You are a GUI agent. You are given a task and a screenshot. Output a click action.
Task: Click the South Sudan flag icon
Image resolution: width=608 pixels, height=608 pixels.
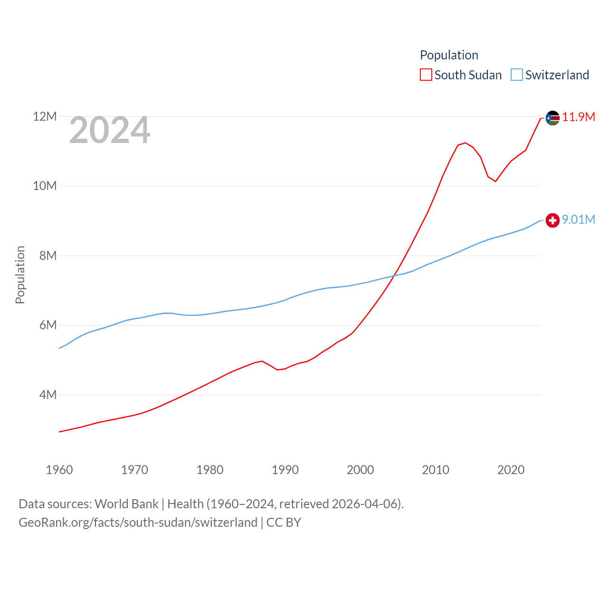point(552,118)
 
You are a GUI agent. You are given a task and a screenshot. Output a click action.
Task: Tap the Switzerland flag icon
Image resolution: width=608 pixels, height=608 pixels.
point(552,220)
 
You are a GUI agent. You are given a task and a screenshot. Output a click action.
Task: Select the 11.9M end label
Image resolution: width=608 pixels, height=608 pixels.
point(579,117)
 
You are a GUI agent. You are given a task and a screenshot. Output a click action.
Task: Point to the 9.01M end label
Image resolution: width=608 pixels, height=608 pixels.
point(579,219)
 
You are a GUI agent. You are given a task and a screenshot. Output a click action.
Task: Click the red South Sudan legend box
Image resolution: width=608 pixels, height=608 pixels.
point(426,75)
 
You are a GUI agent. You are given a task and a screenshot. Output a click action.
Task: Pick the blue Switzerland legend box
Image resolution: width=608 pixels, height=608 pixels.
point(517,75)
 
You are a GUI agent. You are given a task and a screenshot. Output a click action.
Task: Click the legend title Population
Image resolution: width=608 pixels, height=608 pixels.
point(449,55)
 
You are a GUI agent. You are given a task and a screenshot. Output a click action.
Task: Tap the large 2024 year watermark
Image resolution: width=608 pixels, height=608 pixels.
point(110,130)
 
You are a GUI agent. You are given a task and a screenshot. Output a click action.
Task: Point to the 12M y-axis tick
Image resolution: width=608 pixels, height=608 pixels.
point(45,116)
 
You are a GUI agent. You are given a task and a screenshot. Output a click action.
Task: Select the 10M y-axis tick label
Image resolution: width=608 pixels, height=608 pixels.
point(45,186)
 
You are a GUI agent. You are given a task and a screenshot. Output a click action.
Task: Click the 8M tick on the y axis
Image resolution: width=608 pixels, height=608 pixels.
point(48,256)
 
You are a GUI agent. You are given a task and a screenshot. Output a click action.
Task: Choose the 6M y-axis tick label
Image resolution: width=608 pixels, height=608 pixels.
point(48,325)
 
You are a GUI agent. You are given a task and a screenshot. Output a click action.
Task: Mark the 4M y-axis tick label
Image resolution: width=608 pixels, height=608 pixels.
point(48,395)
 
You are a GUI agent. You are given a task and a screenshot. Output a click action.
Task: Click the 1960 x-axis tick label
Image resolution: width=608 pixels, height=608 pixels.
point(59,470)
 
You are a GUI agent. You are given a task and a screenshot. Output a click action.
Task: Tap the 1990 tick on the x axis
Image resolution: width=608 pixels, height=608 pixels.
point(285,470)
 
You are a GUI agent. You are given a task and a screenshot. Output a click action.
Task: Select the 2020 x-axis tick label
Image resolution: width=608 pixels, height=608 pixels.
point(511,470)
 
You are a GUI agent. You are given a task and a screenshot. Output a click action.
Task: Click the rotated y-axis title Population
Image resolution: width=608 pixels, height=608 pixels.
point(20,275)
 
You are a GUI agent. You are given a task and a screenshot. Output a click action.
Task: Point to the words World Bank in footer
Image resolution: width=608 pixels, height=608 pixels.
point(126,504)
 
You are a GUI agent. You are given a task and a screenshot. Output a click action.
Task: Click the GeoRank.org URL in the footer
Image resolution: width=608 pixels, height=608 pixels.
point(138,522)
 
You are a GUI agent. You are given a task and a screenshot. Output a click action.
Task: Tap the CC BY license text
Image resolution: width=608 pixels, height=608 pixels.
point(284,522)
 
